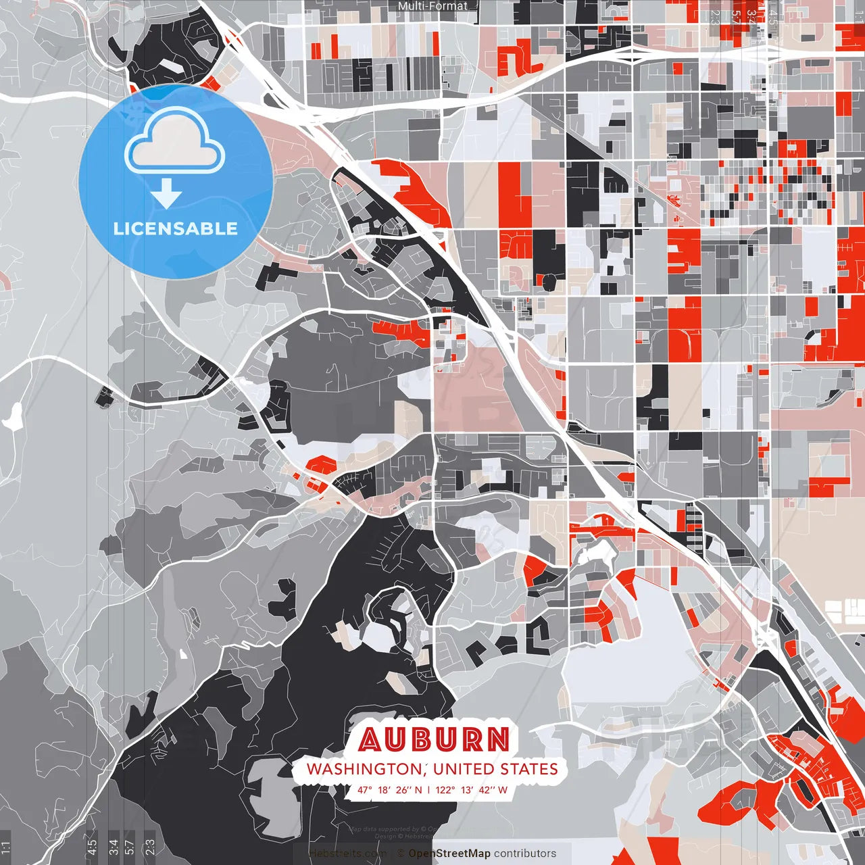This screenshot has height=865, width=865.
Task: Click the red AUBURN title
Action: coord(434,739)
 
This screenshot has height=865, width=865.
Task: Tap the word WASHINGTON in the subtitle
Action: coord(363,769)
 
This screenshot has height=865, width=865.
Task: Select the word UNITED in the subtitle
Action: coord(464,769)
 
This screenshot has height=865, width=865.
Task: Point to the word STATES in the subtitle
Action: coord(529,769)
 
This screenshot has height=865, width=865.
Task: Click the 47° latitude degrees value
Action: coord(365,789)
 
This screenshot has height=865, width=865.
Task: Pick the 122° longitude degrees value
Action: coord(445,789)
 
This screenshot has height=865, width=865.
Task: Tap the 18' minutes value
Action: coord(385,789)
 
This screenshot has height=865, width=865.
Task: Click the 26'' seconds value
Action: coord(403,789)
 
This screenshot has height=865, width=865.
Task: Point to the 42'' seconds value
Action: coord(485,789)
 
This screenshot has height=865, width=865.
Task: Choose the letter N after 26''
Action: coord(418,789)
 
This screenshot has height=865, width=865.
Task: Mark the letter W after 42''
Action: coord(502,789)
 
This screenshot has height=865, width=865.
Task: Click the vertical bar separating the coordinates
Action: coord(428,789)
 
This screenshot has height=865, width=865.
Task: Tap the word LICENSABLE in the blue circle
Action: coord(176,228)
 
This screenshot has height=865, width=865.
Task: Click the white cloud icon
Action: coord(175,143)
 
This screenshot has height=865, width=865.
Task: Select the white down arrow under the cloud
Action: coord(166,195)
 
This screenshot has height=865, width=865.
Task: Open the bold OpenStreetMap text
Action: coord(449,854)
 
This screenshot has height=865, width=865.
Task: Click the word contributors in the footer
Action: coord(525,854)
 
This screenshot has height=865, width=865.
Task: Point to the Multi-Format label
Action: coord(432,6)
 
